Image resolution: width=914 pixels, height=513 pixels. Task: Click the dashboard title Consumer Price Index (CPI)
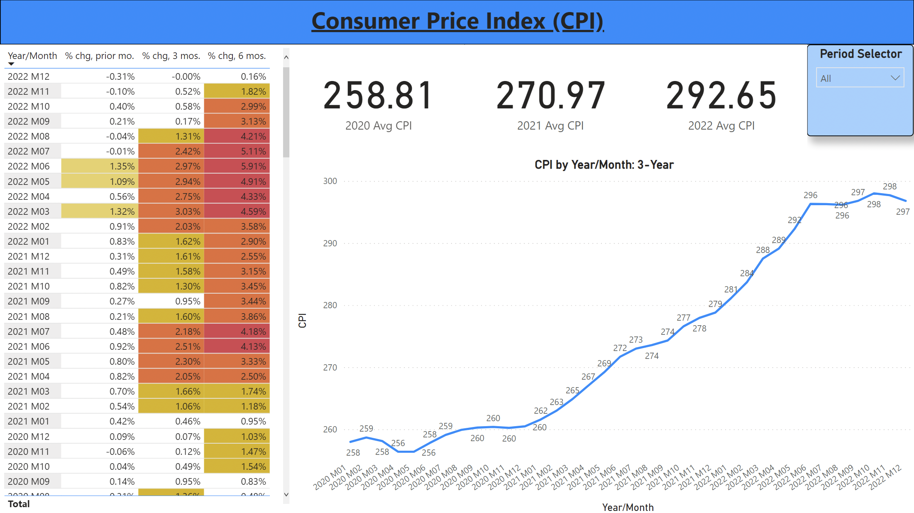point(457,21)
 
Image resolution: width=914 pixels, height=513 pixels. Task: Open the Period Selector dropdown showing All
point(860,78)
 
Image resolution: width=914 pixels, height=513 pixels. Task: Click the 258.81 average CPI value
point(378,96)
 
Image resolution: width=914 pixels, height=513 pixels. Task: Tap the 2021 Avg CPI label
point(550,125)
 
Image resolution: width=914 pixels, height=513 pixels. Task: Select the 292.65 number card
point(721,96)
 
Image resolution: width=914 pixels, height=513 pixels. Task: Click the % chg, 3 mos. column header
point(171,56)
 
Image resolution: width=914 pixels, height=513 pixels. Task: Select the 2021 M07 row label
point(29,331)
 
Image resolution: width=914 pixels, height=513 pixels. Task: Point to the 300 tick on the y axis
point(330,181)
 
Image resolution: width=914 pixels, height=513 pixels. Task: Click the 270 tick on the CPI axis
point(330,367)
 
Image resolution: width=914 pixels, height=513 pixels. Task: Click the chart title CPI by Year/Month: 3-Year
point(604,165)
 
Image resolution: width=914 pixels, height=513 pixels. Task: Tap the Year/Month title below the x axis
point(628,507)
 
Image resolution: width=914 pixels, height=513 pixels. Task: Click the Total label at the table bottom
point(19,504)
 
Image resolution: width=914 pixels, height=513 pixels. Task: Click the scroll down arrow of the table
point(286,494)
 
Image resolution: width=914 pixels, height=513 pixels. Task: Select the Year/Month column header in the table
point(32,56)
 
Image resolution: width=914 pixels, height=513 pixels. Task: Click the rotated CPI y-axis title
point(302,320)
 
